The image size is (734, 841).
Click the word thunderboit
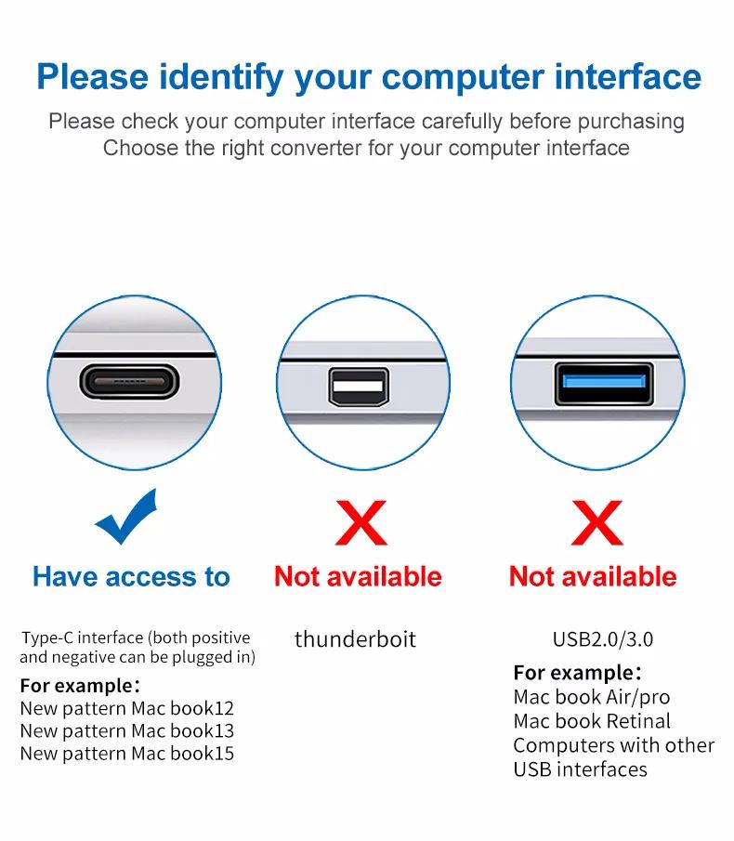coord(355,639)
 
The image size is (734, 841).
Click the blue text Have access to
coord(131,577)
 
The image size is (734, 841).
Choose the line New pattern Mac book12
coord(127,709)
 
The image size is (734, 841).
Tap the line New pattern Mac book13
coord(127,731)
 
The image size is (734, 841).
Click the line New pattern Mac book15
coord(127,754)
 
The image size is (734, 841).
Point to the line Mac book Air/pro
coord(591,697)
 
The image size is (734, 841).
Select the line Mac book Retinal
coord(591,721)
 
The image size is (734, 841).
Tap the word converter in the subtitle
coord(316,148)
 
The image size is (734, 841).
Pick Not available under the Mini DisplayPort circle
coord(359,577)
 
